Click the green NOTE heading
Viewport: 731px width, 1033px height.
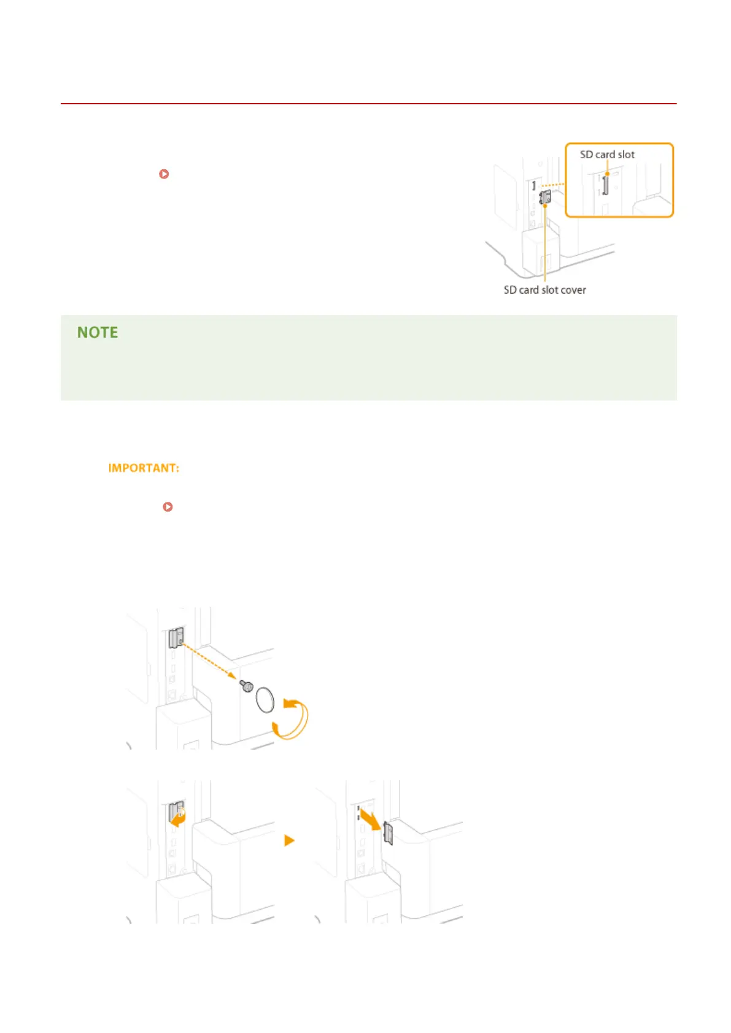(x=98, y=332)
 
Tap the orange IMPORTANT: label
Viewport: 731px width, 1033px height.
(x=144, y=468)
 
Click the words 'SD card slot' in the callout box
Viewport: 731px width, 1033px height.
(x=607, y=155)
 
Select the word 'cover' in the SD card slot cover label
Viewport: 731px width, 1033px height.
(x=573, y=290)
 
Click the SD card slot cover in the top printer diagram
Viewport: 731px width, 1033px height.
(x=544, y=198)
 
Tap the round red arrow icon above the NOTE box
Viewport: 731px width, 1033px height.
(x=164, y=174)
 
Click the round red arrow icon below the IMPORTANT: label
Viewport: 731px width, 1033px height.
(x=168, y=507)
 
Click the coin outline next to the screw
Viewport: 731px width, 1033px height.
(x=265, y=700)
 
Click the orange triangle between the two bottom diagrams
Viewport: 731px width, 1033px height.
(x=290, y=840)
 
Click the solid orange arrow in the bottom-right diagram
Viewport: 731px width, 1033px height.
(x=370, y=820)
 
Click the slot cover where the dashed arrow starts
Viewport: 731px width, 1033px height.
(x=176, y=638)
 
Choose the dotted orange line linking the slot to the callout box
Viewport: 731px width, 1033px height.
(x=552, y=184)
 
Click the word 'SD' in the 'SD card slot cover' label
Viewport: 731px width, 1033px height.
(x=510, y=290)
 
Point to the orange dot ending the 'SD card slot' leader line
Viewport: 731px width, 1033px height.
(x=607, y=174)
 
